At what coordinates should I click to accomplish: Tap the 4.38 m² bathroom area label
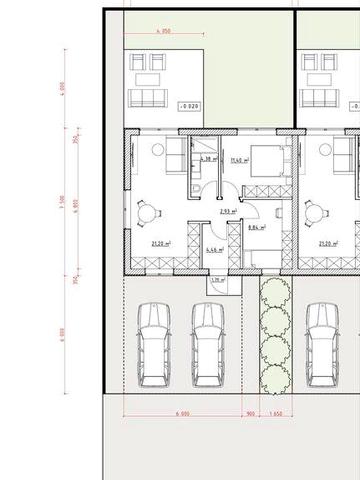click(x=208, y=159)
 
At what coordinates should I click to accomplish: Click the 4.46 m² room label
click(x=213, y=249)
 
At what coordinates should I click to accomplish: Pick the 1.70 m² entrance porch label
click(x=218, y=282)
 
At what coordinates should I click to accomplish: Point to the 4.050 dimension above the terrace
click(x=163, y=31)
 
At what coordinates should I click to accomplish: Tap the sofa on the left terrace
click(x=149, y=98)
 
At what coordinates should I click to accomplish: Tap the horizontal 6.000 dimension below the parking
click(x=181, y=412)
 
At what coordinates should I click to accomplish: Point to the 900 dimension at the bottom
click(x=250, y=412)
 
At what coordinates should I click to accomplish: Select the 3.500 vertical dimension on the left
click(x=62, y=202)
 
